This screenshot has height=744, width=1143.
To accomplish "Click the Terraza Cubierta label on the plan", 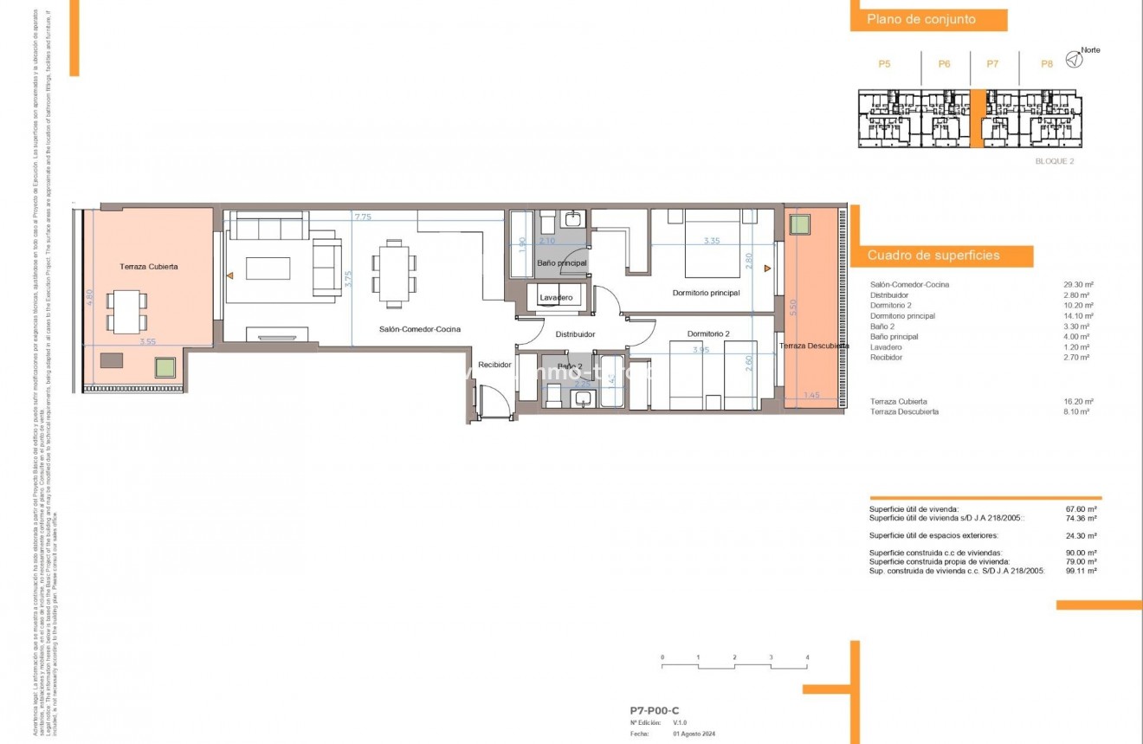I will pyautogui.click(x=148, y=267).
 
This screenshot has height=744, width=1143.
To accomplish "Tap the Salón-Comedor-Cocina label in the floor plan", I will pyautogui.click(x=419, y=329).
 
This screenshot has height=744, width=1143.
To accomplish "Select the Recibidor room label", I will pyautogui.click(x=494, y=365).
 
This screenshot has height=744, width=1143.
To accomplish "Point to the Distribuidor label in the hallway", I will pyautogui.click(x=575, y=333).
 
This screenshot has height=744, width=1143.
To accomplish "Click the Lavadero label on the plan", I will pyautogui.click(x=555, y=298).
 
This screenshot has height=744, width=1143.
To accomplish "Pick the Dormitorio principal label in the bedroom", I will pyautogui.click(x=706, y=293).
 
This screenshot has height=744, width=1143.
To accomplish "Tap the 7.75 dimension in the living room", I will pyautogui.click(x=362, y=217).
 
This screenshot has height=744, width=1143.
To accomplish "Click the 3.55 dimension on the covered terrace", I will pyautogui.click(x=147, y=342).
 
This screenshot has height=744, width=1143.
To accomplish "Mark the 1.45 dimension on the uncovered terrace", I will pyautogui.click(x=811, y=396).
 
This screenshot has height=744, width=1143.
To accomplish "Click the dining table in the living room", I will pyautogui.click(x=394, y=275).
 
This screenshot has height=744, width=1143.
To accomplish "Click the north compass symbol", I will pyautogui.click(x=1073, y=59).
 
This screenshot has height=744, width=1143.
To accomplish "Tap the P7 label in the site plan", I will pyautogui.click(x=992, y=64).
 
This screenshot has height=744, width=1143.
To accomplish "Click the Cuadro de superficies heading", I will pyautogui.click(x=933, y=256).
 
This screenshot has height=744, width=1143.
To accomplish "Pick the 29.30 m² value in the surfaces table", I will pyautogui.click(x=1078, y=285).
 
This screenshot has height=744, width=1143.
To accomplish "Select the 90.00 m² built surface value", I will pyautogui.click(x=1082, y=553).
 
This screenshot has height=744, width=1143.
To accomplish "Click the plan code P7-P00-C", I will pyautogui.click(x=655, y=710).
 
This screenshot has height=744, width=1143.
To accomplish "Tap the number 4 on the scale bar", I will pyautogui.click(x=807, y=658).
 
